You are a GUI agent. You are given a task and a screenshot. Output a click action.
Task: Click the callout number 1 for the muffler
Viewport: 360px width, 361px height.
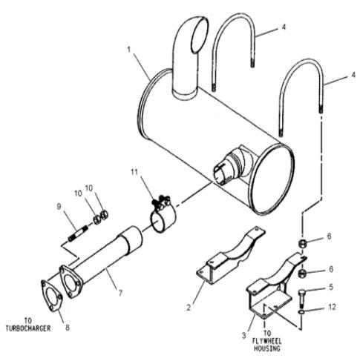[128, 50]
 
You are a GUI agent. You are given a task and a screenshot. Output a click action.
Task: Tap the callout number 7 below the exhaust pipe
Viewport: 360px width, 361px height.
[120, 293]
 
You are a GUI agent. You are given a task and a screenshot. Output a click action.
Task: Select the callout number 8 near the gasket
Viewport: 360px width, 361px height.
[68, 328]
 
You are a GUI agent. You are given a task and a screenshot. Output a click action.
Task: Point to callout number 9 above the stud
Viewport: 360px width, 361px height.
[59, 206]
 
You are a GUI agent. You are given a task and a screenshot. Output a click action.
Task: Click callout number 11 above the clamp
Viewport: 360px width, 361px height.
[134, 172]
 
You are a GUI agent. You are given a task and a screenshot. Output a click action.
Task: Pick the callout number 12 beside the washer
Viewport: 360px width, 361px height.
[332, 307]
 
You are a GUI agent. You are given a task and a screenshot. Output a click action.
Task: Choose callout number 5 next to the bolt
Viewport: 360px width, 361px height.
[331, 287]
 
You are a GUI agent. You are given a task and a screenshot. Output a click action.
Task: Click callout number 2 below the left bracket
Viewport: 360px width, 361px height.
[189, 308]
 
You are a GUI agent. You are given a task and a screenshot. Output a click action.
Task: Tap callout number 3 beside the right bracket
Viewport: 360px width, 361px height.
[244, 336]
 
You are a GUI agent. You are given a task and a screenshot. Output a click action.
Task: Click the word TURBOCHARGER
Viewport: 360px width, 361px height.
[28, 328]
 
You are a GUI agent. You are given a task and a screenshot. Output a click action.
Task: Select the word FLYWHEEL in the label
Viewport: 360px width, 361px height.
[267, 342]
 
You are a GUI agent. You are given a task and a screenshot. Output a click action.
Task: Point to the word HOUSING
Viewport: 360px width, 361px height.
[267, 348]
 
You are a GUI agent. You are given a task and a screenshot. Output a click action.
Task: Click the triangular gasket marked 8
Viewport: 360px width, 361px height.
[52, 296]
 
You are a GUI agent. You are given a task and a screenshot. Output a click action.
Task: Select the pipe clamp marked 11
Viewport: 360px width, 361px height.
[162, 215]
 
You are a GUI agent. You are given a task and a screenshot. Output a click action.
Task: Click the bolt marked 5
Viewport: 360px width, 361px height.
[302, 299]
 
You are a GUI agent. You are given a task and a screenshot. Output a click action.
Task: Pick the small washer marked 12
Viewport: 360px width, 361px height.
[302, 312]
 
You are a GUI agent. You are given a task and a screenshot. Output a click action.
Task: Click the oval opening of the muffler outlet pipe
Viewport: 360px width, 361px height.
[200, 35]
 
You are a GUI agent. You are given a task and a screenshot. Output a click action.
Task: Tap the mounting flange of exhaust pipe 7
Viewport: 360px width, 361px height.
[71, 282]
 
